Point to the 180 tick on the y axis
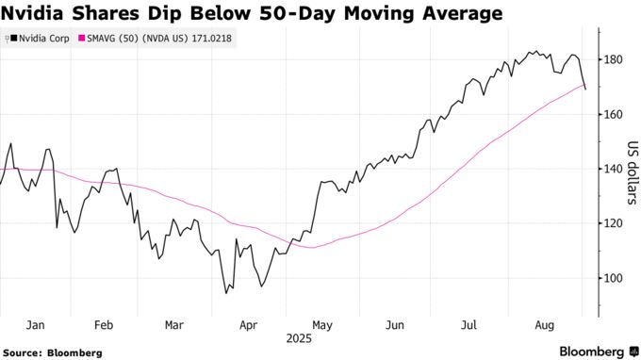614,59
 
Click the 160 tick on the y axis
614,114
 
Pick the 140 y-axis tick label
614,169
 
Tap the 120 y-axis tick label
614,223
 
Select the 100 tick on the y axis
614,278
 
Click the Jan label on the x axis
36,324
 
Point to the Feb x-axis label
104,324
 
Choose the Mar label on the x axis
173,324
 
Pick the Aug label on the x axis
543,324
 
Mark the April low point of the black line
226,293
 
